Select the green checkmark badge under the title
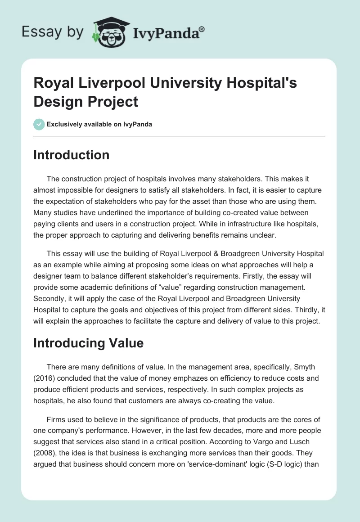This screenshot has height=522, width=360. [39, 124]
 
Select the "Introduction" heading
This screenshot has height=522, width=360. [72, 155]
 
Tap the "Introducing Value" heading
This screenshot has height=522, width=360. [89, 343]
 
